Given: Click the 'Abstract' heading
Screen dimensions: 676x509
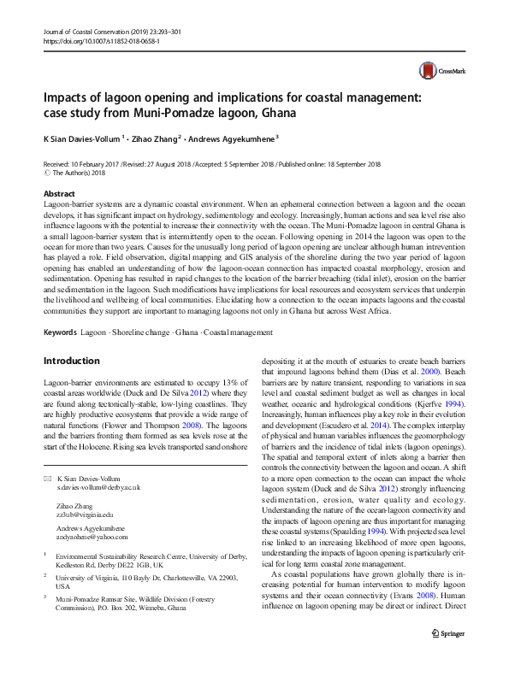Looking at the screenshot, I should click(x=59, y=195).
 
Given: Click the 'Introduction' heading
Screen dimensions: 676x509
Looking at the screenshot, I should click(x=71, y=361).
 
